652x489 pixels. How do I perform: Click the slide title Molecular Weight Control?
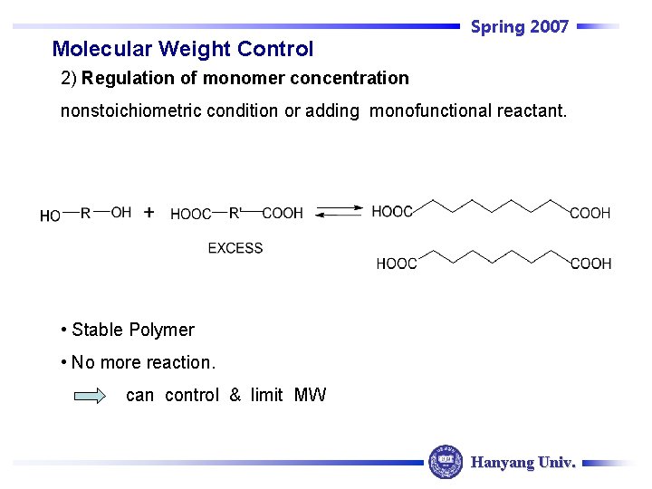tap(183, 49)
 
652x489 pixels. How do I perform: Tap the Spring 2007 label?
tap(520, 27)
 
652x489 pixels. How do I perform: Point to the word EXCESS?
tap(235, 248)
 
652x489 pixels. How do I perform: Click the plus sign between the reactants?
tap(149, 213)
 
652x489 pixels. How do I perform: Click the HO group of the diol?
tap(51, 216)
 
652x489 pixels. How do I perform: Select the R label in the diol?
tap(85, 213)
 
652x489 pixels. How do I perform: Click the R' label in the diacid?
tap(235, 213)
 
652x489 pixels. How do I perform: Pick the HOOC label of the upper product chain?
tap(392, 212)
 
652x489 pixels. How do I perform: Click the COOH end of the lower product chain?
tap(590, 264)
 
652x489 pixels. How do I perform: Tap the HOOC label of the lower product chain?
tap(397, 264)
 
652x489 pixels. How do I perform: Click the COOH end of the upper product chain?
tap(590, 214)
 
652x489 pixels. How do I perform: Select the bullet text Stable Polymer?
tap(132, 330)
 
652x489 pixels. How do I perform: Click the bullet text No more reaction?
tap(143, 362)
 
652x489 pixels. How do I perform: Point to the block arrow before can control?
tap(91, 396)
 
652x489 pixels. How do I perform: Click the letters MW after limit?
tap(311, 395)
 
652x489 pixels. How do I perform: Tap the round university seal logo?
tap(446, 462)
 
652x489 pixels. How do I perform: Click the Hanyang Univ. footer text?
tap(523, 463)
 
